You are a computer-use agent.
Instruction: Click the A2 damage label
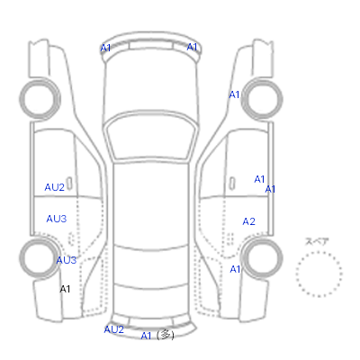click(x=248, y=221)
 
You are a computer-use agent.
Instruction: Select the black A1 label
click(x=65, y=289)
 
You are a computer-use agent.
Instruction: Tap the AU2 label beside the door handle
click(x=55, y=187)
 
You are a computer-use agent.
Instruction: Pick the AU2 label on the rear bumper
click(x=114, y=329)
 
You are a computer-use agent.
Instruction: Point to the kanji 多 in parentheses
click(x=166, y=334)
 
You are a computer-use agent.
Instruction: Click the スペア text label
click(x=317, y=241)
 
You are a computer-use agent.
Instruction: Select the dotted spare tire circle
click(x=319, y=251)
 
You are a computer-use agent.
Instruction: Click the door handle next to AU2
click(x=69, y=184)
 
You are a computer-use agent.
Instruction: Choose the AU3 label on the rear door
click(x=57, y=219)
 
